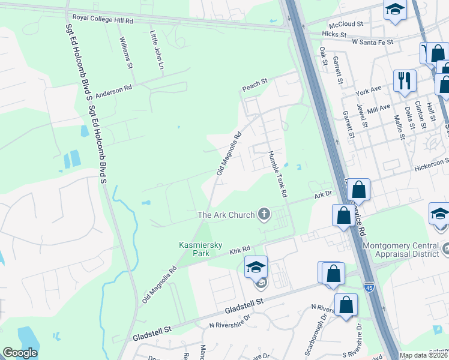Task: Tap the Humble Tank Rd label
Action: [x=277, y=174]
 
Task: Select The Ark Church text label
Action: [x=226, y=214]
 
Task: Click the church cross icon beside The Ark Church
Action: [x=264, y=214]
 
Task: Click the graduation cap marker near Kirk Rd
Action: [x=256, y=268]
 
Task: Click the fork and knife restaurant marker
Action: [x=405, y=80]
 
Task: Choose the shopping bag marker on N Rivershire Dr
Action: [x=346, y=305]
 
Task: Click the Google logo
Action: [x=20, y=353]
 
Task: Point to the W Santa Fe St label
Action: [x=372, y=43]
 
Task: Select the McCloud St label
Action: [x=351, y=24]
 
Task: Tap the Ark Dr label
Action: [x=323, y=194]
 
